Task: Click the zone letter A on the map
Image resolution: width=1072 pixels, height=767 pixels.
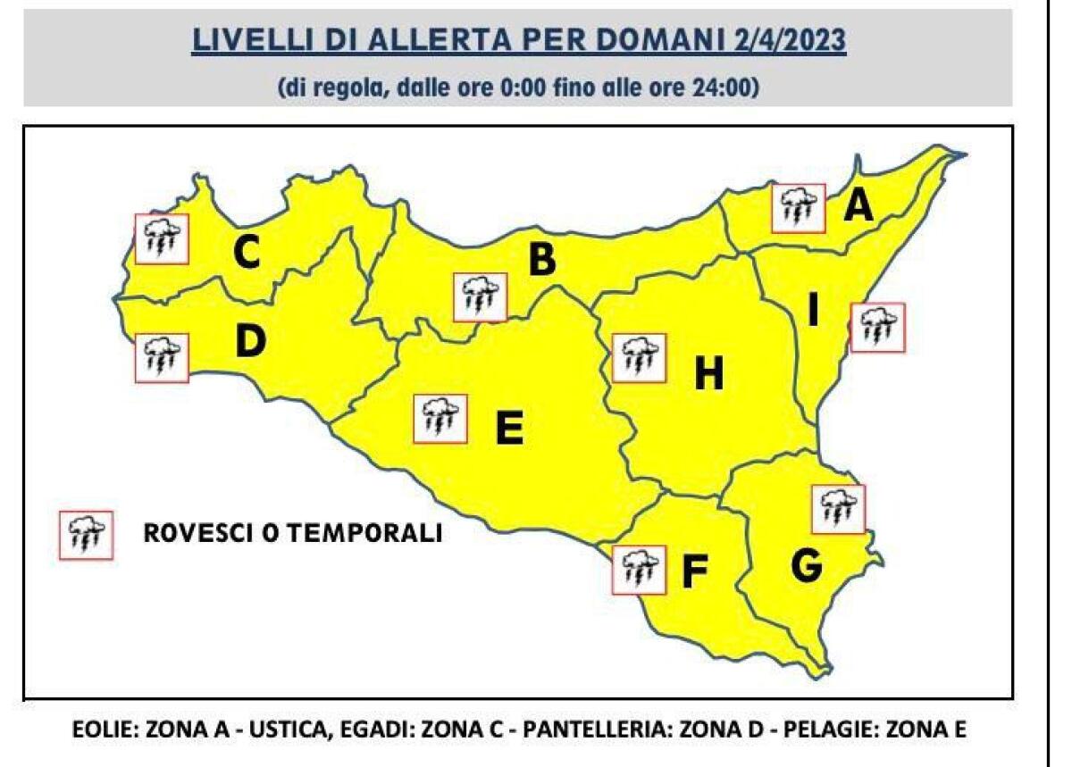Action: [x=858, y=206]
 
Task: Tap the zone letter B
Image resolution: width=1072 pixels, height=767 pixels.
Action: [x=542, y=261]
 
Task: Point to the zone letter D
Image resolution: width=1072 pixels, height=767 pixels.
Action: [x=250, y=342]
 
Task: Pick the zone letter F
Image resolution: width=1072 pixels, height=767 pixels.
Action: [x=694, y=572]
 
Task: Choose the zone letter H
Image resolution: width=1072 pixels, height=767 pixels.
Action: [x=708, y=376]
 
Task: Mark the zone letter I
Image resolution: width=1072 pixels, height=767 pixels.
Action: [x=813, y=311]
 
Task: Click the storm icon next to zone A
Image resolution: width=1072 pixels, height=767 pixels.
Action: [x=798, y=208]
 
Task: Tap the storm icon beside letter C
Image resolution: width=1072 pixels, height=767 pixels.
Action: [x=162, y=238]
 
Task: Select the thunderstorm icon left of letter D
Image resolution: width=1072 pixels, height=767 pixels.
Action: [x=162, y=357]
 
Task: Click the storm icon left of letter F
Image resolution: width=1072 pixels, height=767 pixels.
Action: [x=639, y=569]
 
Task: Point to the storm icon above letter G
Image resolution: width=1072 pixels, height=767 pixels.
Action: [x=838, y=508]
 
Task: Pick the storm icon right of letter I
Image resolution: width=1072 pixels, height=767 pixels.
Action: [x=878, y=328]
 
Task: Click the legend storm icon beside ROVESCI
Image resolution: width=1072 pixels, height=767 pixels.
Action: [x=87, y=535]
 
